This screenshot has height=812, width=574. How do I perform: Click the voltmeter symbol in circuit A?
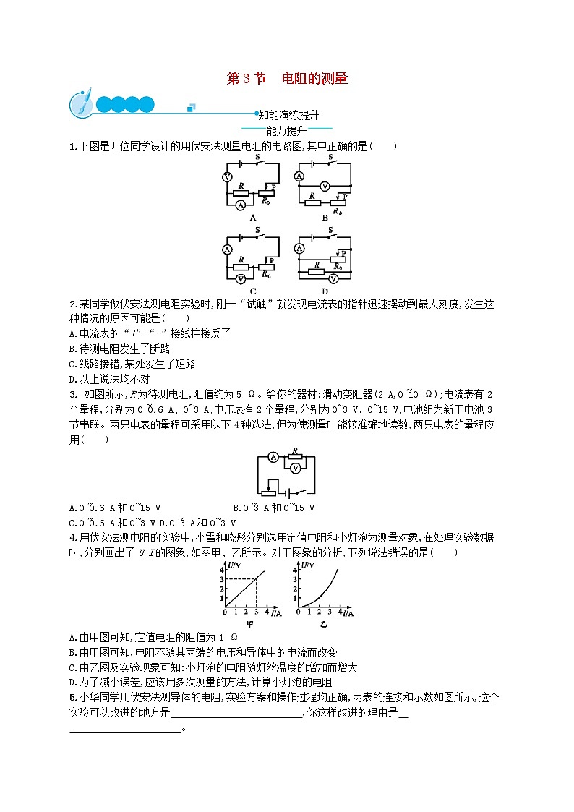tap(227, 176)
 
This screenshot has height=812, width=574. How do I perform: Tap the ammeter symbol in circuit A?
tap(241, 205)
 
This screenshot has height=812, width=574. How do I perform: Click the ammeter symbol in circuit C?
tap(227, 249)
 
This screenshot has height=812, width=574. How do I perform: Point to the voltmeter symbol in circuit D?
tap(335, 278)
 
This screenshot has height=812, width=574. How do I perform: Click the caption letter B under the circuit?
tap(325, 217)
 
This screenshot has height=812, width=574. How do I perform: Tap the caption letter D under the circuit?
tap(325, 291)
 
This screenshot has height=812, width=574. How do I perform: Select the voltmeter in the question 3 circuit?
tap(295, 469)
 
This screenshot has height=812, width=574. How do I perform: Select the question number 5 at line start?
tap(72, 697)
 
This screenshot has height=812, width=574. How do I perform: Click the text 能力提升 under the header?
tap(286, 131)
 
